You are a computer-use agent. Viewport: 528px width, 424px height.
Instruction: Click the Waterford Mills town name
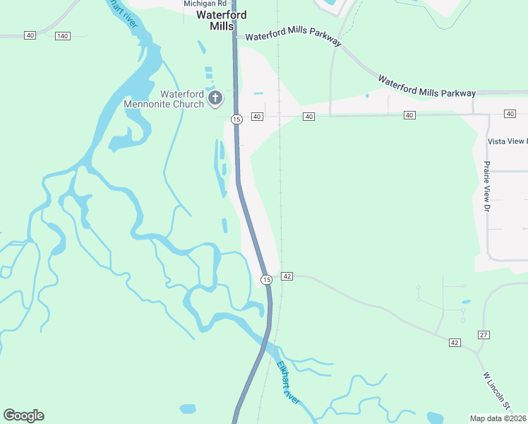(x=221, y=20)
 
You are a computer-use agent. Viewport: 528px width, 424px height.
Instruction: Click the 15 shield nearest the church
(x=236, y=119)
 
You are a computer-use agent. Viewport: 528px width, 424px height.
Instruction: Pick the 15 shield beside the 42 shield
(x=265, y=280)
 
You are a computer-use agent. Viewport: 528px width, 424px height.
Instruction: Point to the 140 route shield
(x=63, y=35)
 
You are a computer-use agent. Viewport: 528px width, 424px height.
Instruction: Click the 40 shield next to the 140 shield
(x=30, y=35)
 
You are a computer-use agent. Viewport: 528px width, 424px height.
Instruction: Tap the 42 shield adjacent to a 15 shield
(x=287, y=276)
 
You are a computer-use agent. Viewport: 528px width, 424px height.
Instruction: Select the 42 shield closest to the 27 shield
(x=454, y=343)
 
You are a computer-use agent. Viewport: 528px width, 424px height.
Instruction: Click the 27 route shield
(x=484, y=334)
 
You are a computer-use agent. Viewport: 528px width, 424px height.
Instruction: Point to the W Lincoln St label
(x=496, y=390)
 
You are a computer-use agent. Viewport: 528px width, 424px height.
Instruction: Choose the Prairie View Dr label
(x=486, y=186)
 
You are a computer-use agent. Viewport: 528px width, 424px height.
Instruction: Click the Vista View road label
(x=508, y=141)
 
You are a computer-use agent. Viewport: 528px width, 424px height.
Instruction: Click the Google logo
(x=23, y=416)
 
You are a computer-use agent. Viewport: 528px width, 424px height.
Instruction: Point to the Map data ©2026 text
(x=498, y=418)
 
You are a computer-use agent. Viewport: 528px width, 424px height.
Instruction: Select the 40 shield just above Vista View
(x=510, y=114)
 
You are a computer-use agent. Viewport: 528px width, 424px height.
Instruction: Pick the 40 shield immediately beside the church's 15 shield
(x=256, y=116)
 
